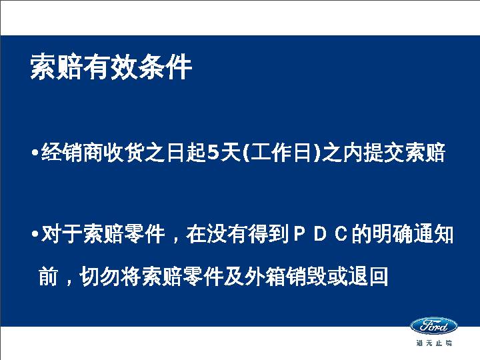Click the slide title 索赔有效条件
(x=111, y=67)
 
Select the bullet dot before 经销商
(x=35, y=152)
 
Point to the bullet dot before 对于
(x=35, y=235)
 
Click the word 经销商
(x=72, y=152)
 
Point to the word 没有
(x=227, y=235)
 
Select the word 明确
(x=393, y=235)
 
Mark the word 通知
(x=433, y=235)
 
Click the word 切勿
(x=100, y=277)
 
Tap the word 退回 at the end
(x=368, y=277)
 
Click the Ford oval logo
(x=434, y=326)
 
